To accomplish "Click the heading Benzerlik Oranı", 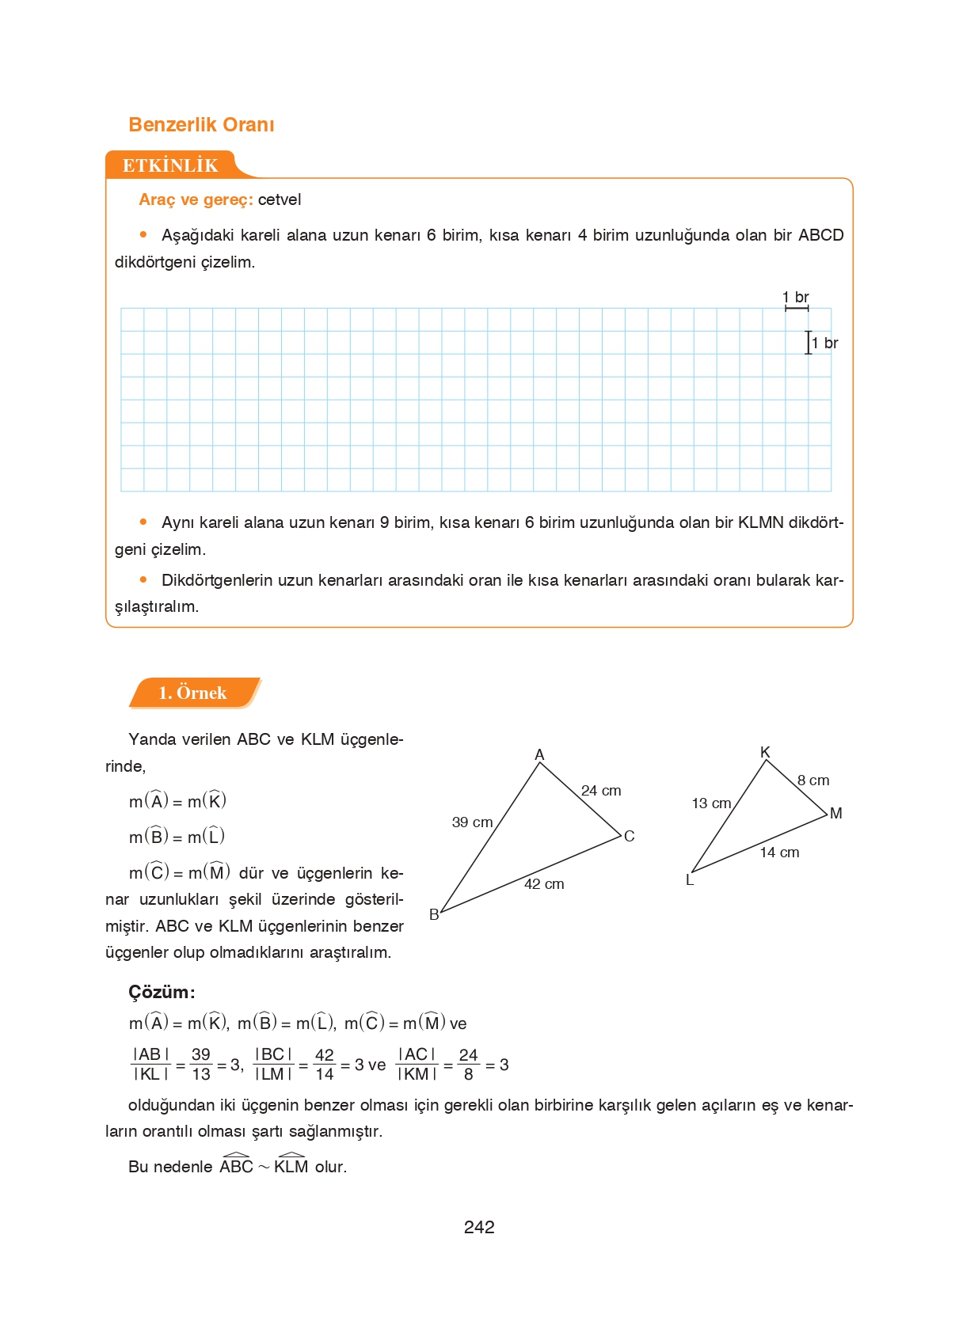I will (201, 125).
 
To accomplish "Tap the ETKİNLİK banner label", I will (170, 165).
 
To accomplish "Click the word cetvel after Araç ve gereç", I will (280, 199).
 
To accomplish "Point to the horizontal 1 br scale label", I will (796, 297).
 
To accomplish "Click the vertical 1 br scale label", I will (825, 343).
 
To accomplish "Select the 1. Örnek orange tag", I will (192, 693).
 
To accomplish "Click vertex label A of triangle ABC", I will (539, 754).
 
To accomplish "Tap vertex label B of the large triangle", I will (434, 914).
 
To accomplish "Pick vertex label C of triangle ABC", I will (629, 836).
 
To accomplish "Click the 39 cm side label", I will (472, 822).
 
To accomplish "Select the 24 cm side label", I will (601, 791).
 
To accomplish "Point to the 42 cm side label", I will (544, 884).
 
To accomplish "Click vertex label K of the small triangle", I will (765, 752).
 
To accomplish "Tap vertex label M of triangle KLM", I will (835, 813).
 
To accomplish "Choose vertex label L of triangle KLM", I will (690, 880).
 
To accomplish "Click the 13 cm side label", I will (711, 803).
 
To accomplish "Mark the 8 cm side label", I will (813, 780).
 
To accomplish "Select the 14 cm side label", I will (779, 853).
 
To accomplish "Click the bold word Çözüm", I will (161, 992).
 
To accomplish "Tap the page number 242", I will (479, 1227).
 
